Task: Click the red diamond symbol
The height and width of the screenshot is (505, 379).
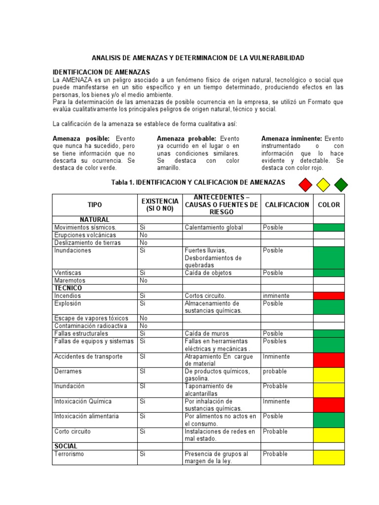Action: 306,185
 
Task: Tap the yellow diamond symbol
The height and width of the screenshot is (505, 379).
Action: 323,185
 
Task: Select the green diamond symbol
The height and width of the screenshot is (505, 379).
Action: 341,185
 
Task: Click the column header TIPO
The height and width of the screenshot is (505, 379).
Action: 95,205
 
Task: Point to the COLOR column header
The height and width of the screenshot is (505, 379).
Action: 329,205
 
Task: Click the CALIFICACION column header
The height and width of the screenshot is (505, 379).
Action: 286,205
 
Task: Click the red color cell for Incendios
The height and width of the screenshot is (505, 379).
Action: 329,296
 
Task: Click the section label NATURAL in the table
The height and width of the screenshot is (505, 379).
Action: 95,219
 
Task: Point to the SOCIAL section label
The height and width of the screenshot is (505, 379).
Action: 66,446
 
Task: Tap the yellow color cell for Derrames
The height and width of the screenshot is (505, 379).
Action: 329,375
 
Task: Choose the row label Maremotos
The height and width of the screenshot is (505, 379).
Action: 70,280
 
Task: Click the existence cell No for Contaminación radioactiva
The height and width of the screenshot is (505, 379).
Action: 144,326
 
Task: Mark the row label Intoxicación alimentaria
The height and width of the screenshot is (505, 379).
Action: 86,416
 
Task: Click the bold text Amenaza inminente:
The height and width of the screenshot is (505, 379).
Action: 291,139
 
